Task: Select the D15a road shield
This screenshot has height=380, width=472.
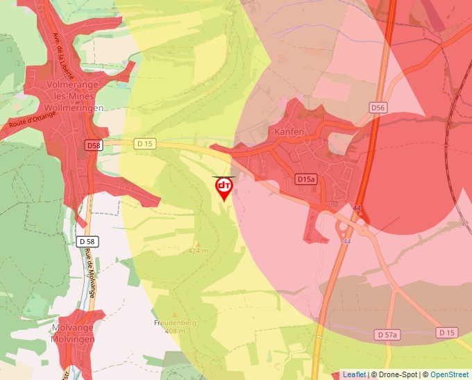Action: tap(306, 179)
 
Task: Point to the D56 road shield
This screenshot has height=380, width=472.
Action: tap(378, 107)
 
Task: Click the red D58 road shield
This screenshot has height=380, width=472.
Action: tap(94, 145)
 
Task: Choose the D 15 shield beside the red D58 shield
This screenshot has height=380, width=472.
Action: tap(144, 143)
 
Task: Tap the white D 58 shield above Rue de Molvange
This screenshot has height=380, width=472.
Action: tap(87, 241)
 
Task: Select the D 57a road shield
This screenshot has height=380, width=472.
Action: tap(388, 335)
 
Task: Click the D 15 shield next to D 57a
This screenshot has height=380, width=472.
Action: tap(447, 333)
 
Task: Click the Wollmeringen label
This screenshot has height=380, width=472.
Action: tap(73, 108)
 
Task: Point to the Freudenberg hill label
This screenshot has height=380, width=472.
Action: tap(170, 323)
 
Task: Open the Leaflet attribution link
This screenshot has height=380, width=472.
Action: tap(354, 374)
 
